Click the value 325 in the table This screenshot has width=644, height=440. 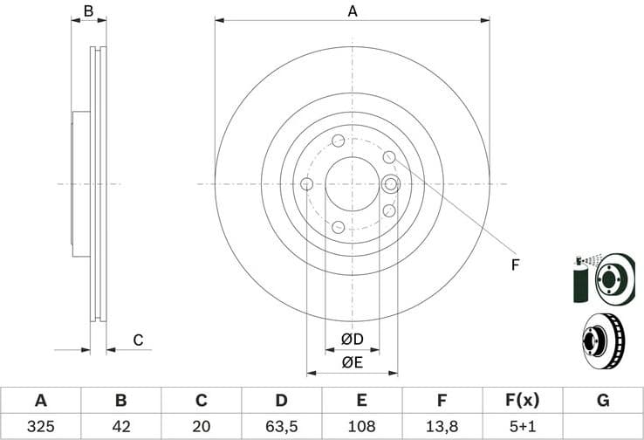pyautogui.click(x=40, y=426)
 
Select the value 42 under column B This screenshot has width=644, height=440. pyautogui.click(x=120, y=426)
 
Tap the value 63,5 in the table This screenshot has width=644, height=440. pyautogui.click(x=281, y=426)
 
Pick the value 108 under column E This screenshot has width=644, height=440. pyautogui.click(x=361, y=426)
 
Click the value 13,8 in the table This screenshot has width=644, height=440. pyautogui.click(x=442, y=426)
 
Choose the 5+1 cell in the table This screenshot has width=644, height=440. pyautogui.click(x=522, y=426)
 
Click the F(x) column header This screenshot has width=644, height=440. pyautogui.click(x=522, y=401)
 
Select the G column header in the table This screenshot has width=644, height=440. pyautogui.click(x=602, y=401)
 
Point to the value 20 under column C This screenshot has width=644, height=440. pyautogui.click(x=201, y=426)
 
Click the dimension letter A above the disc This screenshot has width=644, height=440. pyautogui.click(x=353, y=11)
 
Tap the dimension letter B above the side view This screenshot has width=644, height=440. pyautogui.click(x=87, y=11)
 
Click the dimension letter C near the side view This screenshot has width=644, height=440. pyautogui.click(x=137, y=340)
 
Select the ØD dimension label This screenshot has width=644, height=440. pyautogui.click(x=352, y=338)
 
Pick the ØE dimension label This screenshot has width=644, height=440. pyautogui.click(x=352, y=361)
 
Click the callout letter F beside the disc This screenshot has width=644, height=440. pyautogui.click(x=515, y=264)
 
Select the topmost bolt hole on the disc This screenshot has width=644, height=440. pyautogui.click(x=338, y=141)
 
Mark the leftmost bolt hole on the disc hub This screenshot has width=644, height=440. pyautogui.click(x=307, y=184)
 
